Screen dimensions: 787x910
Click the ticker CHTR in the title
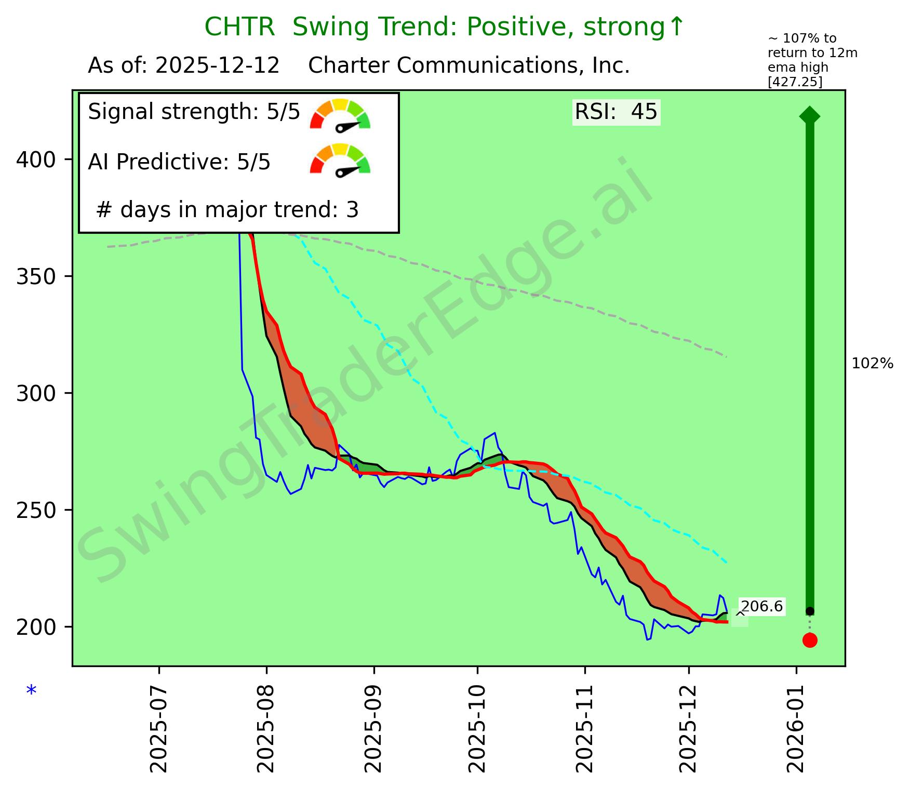(239, 27)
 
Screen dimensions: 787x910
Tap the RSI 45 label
(616, 112)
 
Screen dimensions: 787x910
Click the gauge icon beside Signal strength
(340, 114)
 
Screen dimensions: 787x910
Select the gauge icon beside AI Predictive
(340, 159)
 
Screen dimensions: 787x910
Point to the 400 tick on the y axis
(36, 159)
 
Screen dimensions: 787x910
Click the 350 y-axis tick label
(36, 276)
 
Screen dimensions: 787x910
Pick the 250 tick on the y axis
(36, 510)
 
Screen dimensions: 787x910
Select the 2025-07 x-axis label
(159, 729)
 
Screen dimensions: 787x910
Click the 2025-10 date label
(477, 729)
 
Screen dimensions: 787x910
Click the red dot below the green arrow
(810, 640)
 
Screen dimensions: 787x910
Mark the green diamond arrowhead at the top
(810, 115)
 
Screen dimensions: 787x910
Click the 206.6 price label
(761, 607)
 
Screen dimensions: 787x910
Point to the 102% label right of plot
(873, 364)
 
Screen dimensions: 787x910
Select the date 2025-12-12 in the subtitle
(218, 66)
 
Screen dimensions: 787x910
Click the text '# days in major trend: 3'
(228, 210)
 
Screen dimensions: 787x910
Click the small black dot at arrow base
(810, 611)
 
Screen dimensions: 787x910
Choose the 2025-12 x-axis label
(689, 729)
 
